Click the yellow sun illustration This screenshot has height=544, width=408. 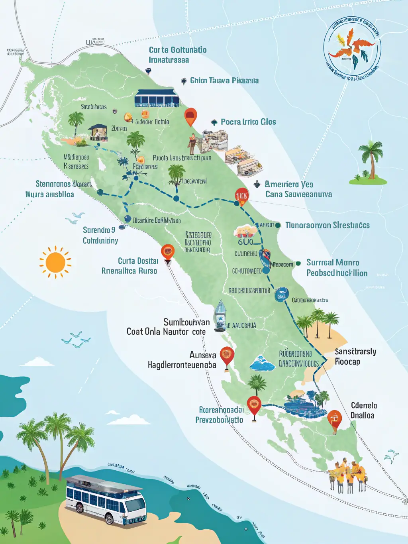pos(55,262)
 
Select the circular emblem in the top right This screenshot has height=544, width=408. pos(352,49)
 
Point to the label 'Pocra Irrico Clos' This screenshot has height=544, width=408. pos(248,122)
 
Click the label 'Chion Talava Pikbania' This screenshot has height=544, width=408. pos(224,81)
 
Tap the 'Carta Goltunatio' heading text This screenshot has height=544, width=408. pos(178,50)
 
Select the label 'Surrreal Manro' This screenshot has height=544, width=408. pos(333,263)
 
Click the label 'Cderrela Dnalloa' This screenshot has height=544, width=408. pos(363,410)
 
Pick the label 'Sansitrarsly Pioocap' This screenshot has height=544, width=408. pos(355,356)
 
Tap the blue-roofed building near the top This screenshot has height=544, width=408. pos(157,98)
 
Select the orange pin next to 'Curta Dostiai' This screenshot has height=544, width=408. pos(168,253)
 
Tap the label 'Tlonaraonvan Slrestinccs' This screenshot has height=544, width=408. pos(327,226)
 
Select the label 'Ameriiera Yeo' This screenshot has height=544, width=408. pos(289,185)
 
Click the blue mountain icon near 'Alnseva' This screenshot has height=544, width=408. pos(263,363)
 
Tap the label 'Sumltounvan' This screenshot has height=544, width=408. pos(186,322)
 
